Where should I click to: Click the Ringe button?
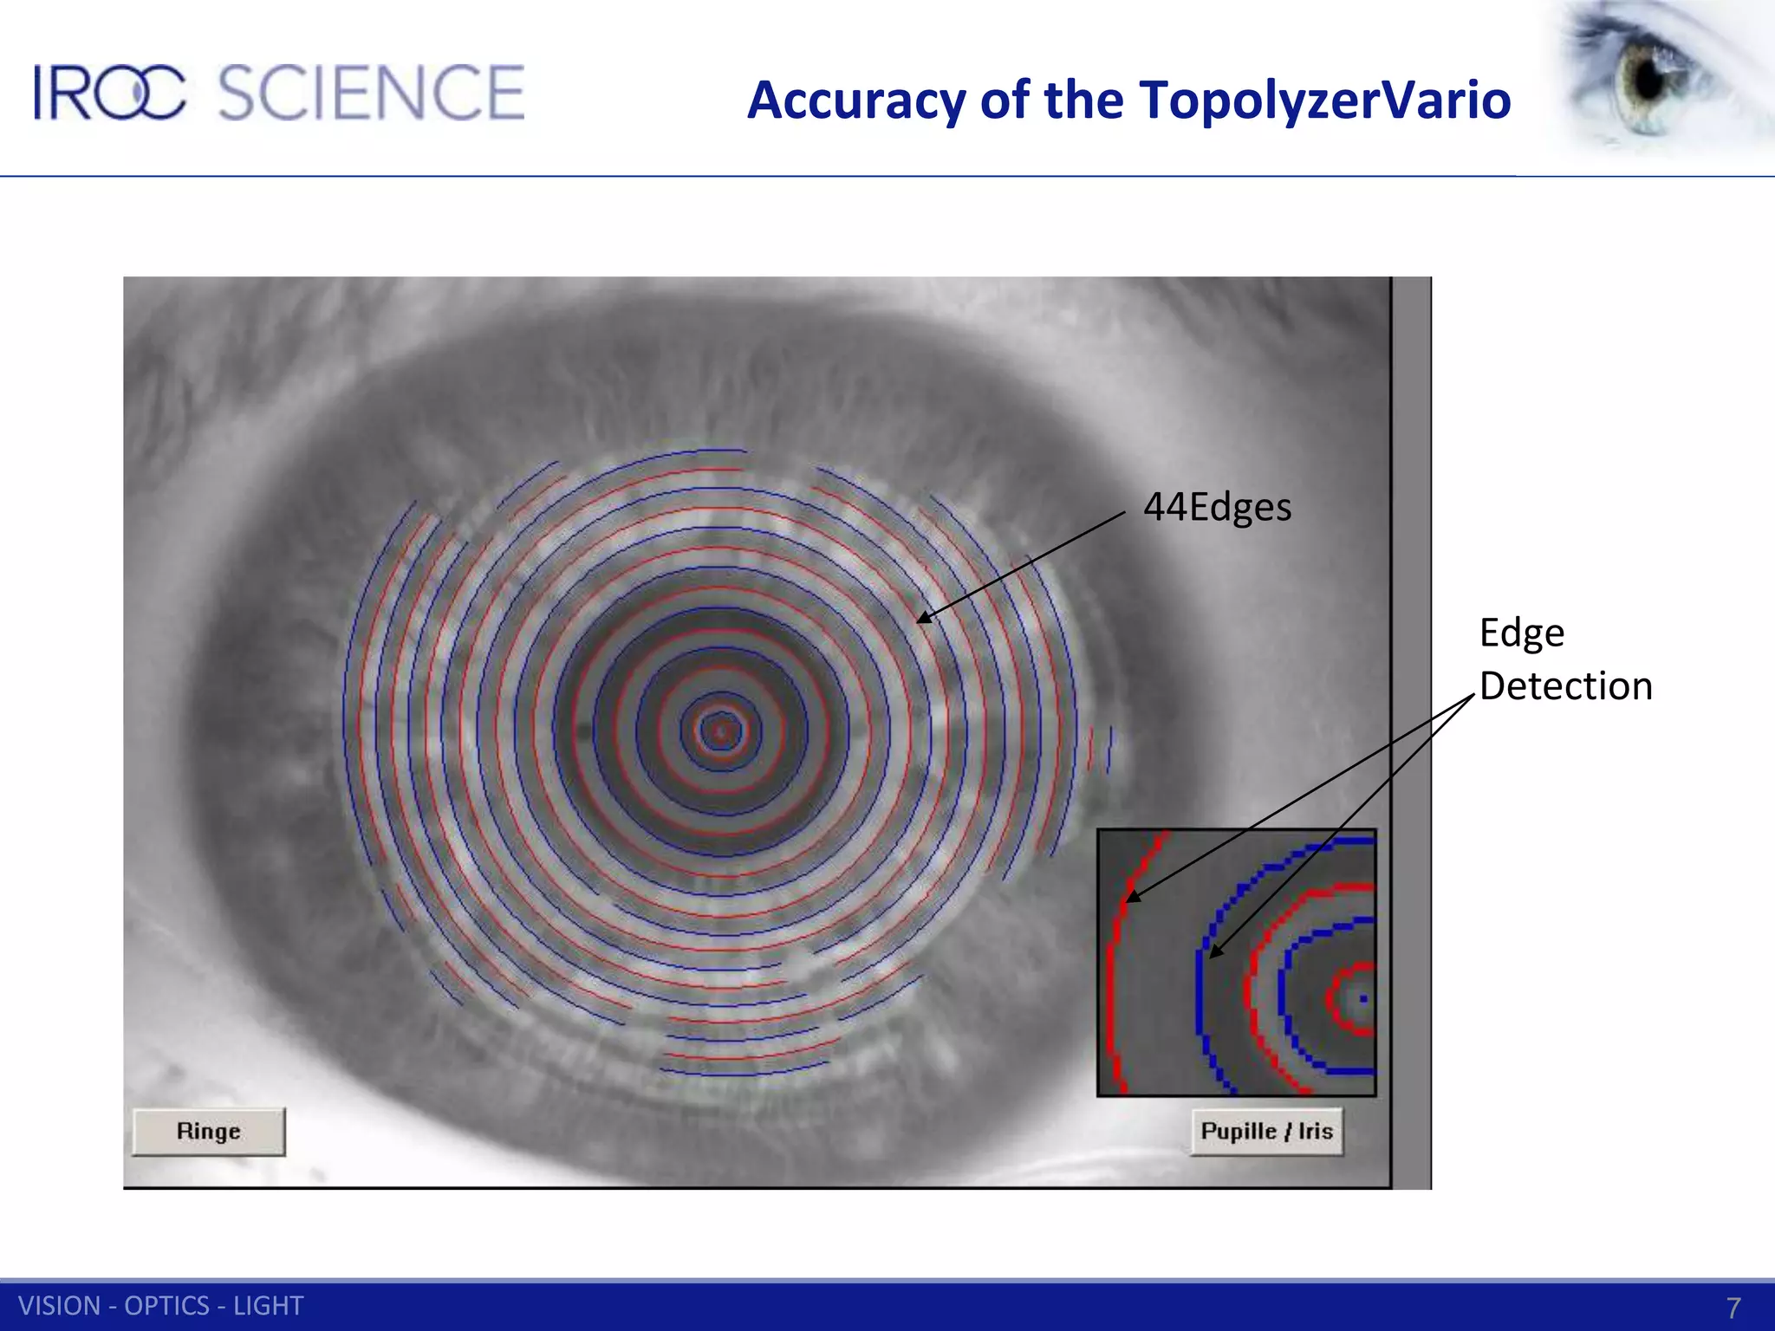coord(208,1131)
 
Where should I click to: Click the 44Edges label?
coord(1217,507)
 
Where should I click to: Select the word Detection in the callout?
coord(1565,686)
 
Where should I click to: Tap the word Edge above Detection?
coord(1521,633)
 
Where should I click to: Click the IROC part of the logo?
coord(109,93)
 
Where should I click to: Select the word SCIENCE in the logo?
coord(371,93)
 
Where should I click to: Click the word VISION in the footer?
coord(60,1306)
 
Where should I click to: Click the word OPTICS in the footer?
coord(166,1306)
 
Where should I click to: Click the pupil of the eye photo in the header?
coord(1649,81)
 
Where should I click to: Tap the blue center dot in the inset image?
coord(1363,999)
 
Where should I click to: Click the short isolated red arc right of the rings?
coord(1091,746)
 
